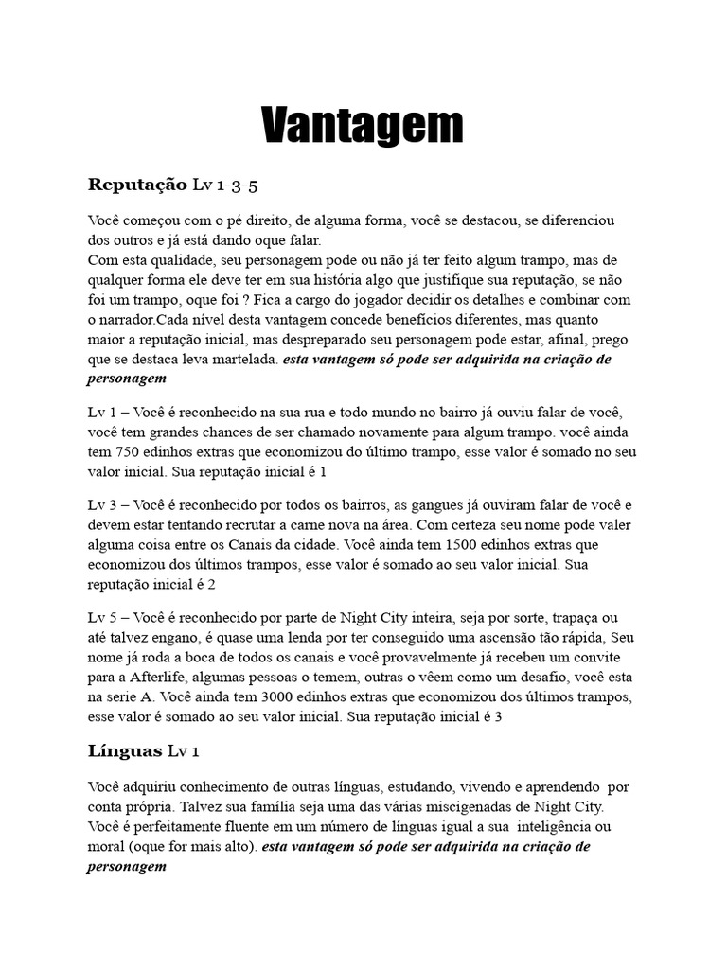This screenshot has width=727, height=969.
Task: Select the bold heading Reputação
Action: (x=138, y=184)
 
